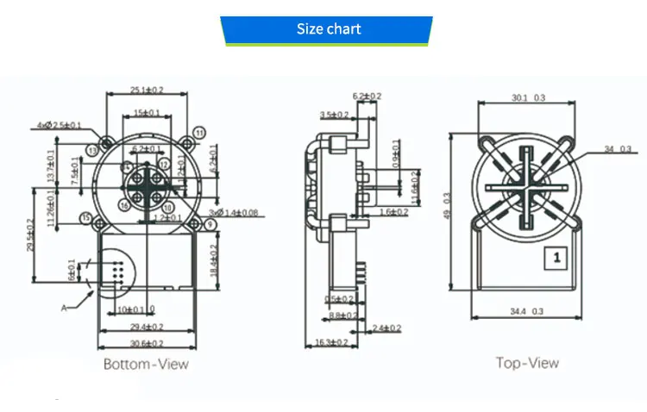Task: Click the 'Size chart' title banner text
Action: click(328, 29)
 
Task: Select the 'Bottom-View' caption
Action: click(146, 364)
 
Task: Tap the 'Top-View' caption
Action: click(527, 363)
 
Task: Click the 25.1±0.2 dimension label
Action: click(147, 90)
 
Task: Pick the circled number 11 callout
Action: click(199, 133)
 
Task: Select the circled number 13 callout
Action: click(92, 151)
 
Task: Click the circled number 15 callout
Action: click(85, 219)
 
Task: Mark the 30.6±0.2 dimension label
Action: click(146, 343)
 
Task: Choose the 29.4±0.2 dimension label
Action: click(146, 328)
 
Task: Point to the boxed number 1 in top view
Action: click(557, 257)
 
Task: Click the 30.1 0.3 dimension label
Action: click(528, 98)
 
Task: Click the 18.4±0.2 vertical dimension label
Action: click(214, 259)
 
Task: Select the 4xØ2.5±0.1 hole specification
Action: click(60, 125)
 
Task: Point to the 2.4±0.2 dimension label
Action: click(386, 328)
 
